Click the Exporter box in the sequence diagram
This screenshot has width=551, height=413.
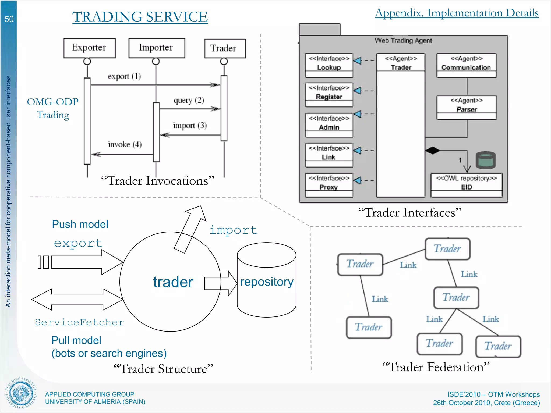click(89, 48)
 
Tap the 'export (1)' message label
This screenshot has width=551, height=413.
click(124, 76)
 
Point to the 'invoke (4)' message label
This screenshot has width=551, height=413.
click(125, 144)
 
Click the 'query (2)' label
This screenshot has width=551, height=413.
click(189, 100)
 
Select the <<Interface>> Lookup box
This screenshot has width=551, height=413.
click(329, 65)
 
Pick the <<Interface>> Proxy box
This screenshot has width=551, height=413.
click(329, 185)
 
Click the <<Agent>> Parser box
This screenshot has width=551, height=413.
click(466, 107)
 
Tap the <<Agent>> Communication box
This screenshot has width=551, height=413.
click(466, 65)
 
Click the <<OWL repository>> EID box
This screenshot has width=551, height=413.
click(466, 185)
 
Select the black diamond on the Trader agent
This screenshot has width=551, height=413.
click(432, 150)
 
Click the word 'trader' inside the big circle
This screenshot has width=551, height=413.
click(173, 282)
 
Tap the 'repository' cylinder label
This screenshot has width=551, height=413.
click(267, 282)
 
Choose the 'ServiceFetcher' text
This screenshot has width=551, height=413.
click(79, 322)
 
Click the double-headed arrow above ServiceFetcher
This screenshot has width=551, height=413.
click(77, 299)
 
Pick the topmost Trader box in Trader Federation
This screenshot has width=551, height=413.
click(447, 249)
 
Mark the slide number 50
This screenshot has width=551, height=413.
click(9, 19)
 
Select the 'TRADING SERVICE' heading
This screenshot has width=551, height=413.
click(140, 17)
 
